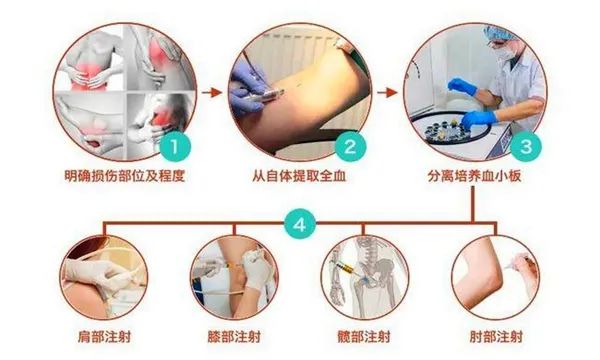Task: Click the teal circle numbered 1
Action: click(x=175, y=147)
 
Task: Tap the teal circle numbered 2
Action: click(x=351, y=147)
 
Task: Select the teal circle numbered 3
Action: click(x=526, y=147)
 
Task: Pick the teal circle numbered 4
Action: click(x=300, y=224)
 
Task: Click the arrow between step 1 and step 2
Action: click(x=212, y=92)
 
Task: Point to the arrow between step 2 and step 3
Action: click(x=387, y=92)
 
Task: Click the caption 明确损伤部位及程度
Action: click(x=125, y=176)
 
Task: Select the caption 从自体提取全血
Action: click(x=299, y=176)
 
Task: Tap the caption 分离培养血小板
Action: click(x=474, y=176)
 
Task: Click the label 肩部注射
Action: click(x=104, y=337)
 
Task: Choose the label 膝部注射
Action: click(x=234, y=337)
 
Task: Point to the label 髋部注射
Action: click(x=364, y=337)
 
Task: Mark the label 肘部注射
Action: click(x=496, y=337)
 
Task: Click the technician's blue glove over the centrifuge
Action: click(x=478, y=119)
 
